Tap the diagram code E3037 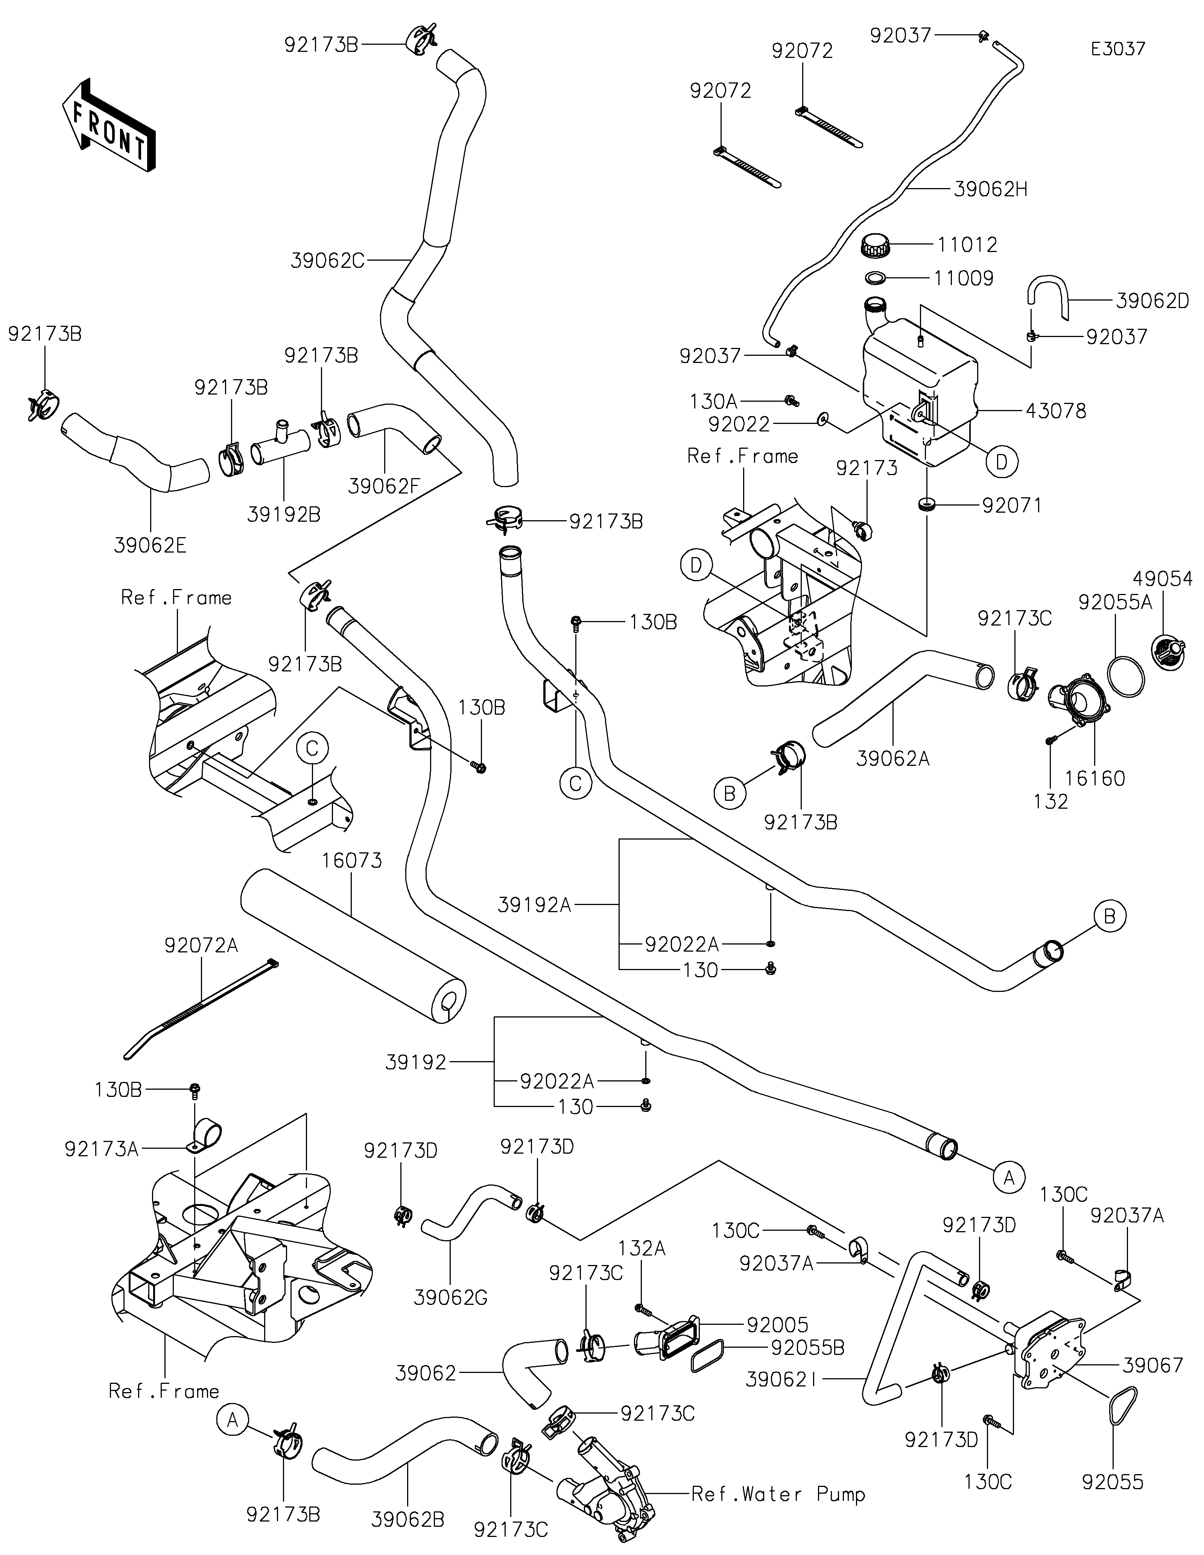point(1118,49)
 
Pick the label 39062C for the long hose point(327,261)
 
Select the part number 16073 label point(352,861)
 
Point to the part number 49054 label point(1163,579)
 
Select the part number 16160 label point(1095,778)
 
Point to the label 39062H point(990,190)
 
